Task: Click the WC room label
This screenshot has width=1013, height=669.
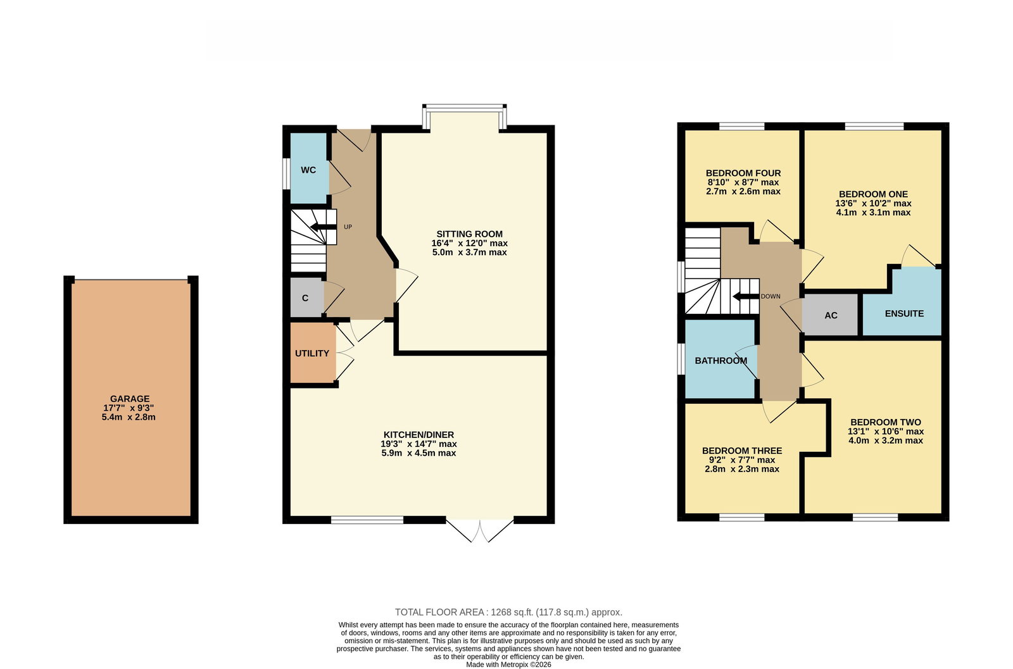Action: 308,170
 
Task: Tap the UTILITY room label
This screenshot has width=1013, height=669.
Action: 312,353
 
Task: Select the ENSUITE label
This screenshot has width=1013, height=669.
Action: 904,313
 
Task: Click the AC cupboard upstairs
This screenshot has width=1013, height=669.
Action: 830,315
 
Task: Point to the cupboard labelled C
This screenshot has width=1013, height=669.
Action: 306,297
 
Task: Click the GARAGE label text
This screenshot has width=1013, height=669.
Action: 130,399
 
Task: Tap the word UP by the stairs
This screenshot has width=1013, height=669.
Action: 348,227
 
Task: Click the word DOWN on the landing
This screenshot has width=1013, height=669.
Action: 771,297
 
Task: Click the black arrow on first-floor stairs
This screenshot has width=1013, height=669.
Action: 746,297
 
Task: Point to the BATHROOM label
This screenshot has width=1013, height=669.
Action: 721,361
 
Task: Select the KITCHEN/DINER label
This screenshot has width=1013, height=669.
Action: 418,435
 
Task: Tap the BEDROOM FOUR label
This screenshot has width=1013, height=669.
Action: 743,173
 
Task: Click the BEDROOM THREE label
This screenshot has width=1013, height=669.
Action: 742,451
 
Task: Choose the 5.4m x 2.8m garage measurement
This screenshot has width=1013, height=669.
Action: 129,417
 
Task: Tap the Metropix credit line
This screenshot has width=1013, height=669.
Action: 509,665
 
